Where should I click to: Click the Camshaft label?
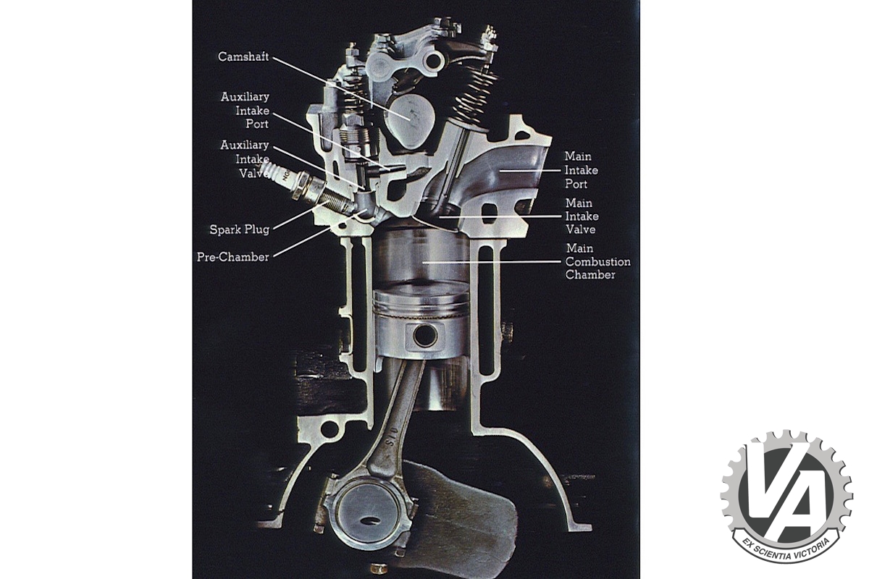tap(243, 56)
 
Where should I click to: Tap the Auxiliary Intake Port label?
tap(245, 110)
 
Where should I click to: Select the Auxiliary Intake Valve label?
tap(245, 159)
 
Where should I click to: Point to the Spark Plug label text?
tap(240, 229)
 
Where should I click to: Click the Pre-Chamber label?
tap(232, 257)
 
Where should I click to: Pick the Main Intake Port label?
tap(581, 170)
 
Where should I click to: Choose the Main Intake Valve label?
tap(582, 216)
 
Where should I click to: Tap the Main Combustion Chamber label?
tap(598, 261)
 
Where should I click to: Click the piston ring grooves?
tap(421, 305)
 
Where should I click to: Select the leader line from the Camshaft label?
tap(341, 88)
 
